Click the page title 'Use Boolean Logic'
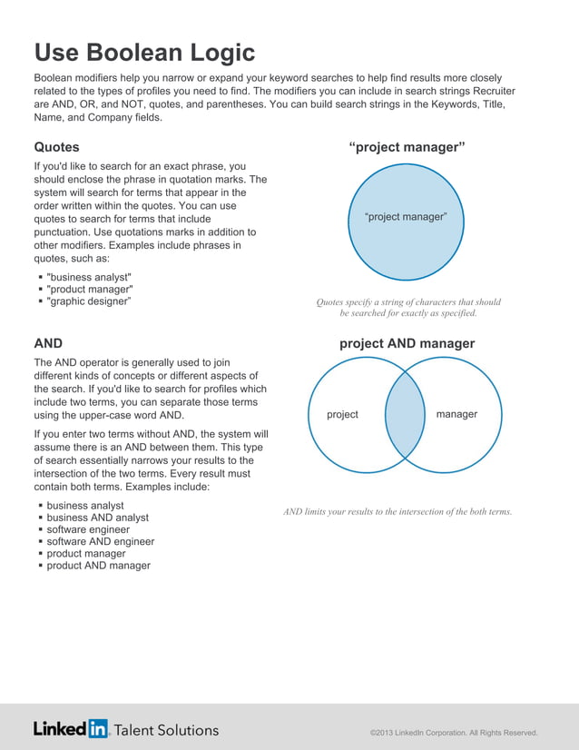[144, 52]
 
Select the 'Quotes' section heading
[56, 147]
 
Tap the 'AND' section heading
[48, 343]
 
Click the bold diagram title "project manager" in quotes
[407, 147]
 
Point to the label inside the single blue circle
[405, 217]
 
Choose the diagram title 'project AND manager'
[407, 343]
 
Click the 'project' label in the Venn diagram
[342, 414]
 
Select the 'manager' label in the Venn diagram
[456, 414]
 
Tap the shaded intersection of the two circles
[406, 414]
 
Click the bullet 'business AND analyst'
[98, 518]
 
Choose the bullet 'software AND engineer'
[101, 541]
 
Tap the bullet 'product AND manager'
[99, 566]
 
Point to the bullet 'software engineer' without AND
[88, 529]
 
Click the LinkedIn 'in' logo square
[98, 729]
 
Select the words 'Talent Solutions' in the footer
[166, 730]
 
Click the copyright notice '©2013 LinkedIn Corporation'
[454, 733]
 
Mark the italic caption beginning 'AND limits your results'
[397, 511]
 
